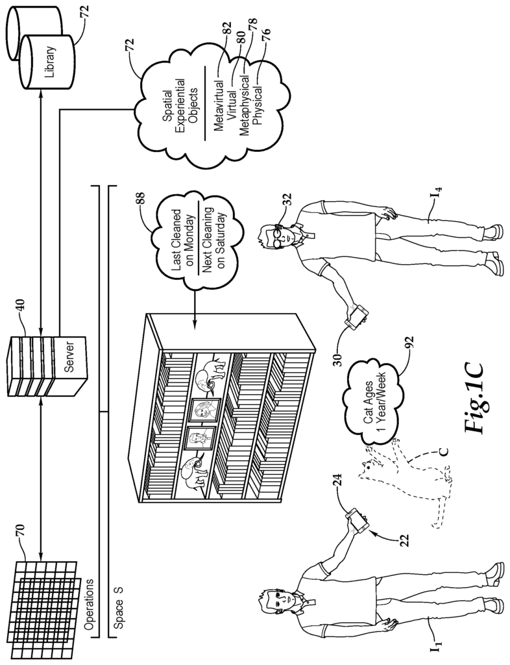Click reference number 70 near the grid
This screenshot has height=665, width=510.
[x=21, y=531]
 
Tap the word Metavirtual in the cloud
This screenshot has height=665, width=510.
[x=219, y=107]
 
